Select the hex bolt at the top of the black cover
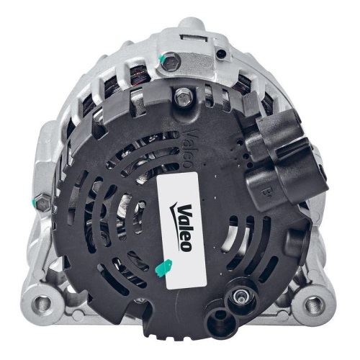(182, 94)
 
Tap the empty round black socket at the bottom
(216, 317)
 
